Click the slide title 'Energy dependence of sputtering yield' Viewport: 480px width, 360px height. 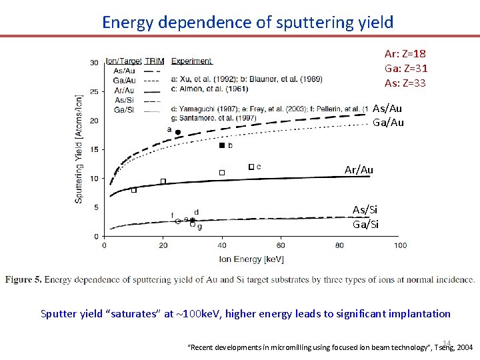247,22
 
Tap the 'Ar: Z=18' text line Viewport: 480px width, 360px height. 405,53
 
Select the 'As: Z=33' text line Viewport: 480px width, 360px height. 405,83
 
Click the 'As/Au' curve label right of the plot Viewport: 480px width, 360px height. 387,109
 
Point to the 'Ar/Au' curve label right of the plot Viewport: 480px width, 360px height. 359,170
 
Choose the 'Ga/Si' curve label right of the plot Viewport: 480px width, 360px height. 365,224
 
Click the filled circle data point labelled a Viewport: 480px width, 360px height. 178,133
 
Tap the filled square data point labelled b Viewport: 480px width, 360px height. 222,145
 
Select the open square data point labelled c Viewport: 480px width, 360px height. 251,167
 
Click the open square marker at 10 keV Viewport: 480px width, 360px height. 133,190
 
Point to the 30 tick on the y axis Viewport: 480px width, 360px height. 95,63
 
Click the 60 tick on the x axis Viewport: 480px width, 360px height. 281,245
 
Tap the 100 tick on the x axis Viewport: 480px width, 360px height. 399,245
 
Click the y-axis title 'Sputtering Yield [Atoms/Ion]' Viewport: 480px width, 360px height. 79,149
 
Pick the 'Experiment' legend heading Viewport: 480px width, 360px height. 192,61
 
